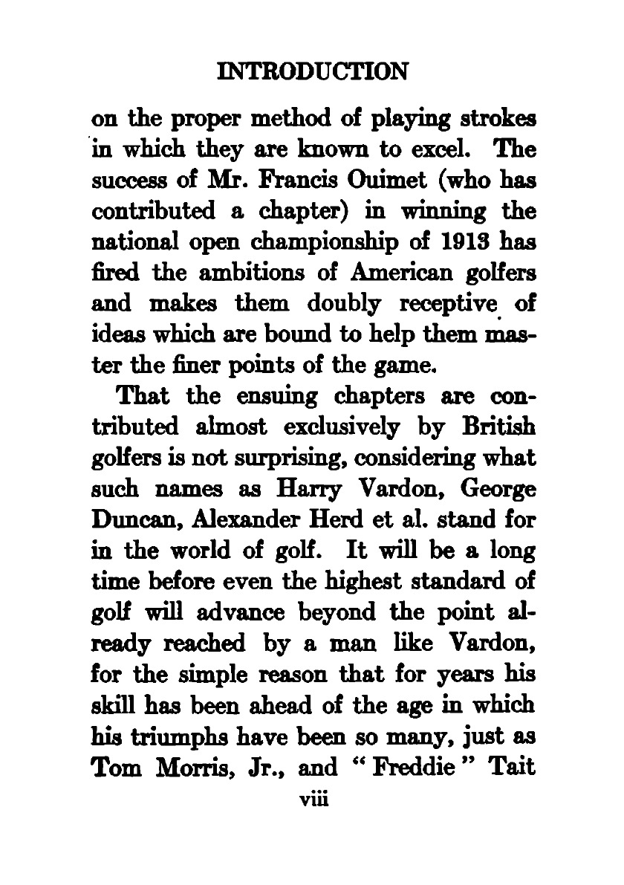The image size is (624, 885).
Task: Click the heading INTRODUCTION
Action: [311, 72]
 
